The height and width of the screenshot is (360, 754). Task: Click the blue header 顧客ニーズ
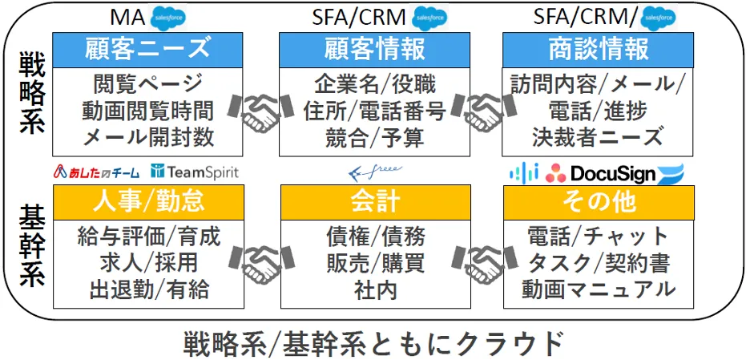pyautogui.click(x=148, y=49)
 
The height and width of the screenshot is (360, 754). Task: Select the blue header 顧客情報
pyautogui.click(x=375, y=49)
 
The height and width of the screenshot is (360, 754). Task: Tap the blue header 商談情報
pyautogui.click(x=599, y=49)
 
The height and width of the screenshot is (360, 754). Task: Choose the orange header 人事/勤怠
pyautogui.click(x=148, y=200)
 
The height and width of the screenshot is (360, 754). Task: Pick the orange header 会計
pyautogui.click(x=375, y=200)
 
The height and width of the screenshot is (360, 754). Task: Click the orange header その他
pyautogui.click(x=599, y=200)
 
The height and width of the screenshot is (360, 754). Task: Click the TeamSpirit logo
pyautogui.click(x=195, y=172)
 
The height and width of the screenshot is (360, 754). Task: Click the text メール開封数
pyautogui.click(x=148, y=137)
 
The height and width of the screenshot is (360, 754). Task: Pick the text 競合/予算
pyautogui.click(x=375, y=137)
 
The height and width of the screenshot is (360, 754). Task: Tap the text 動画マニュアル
pyautogui.click(x=599, y=289)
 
